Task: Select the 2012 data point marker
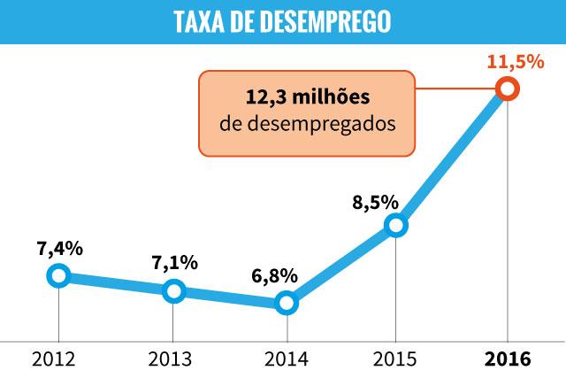click(x=58, y=275)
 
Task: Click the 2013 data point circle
click(x=174, y=290)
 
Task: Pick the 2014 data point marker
click(x=286, y=304)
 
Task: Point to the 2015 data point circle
click(x=396, y=225)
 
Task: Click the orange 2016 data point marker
click(x=507, y=89)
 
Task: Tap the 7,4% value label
click(x=60, y=248)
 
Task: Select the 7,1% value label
click(x=174, y=263)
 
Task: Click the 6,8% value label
click(x=275, y=275)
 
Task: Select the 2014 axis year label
click(x=286, y=359)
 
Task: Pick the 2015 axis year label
click(x=396, y=359)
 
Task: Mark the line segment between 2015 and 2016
click(x=451, y=158)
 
